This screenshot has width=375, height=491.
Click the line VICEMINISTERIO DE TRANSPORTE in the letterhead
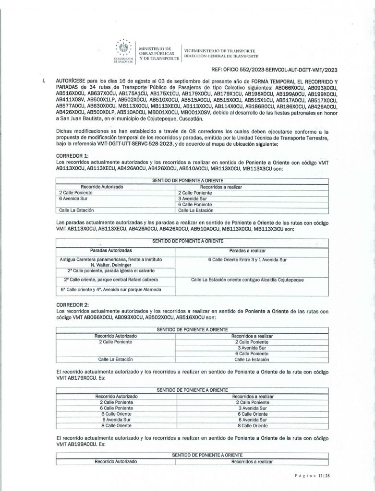coord(220,51)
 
